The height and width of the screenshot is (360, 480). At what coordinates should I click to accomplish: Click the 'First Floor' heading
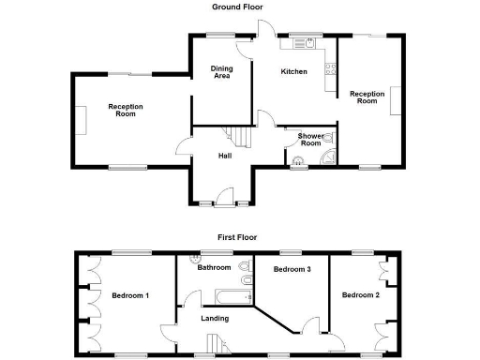coord(238,237)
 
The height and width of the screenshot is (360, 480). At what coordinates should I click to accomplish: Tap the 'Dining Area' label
coord(221,72)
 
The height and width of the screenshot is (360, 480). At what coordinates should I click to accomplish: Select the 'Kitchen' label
coord(294,71)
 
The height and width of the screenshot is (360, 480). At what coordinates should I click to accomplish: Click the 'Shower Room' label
coord(310,140)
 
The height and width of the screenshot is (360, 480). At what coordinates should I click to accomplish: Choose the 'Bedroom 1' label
coord(130,295)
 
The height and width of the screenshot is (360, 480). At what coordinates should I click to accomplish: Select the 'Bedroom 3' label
coord(292,269)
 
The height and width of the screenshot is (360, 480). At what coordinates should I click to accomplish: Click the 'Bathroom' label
coord(214,267)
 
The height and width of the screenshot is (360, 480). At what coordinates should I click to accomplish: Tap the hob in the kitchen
coord(330,67)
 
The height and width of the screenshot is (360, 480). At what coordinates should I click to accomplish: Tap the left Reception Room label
coord(126,110)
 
